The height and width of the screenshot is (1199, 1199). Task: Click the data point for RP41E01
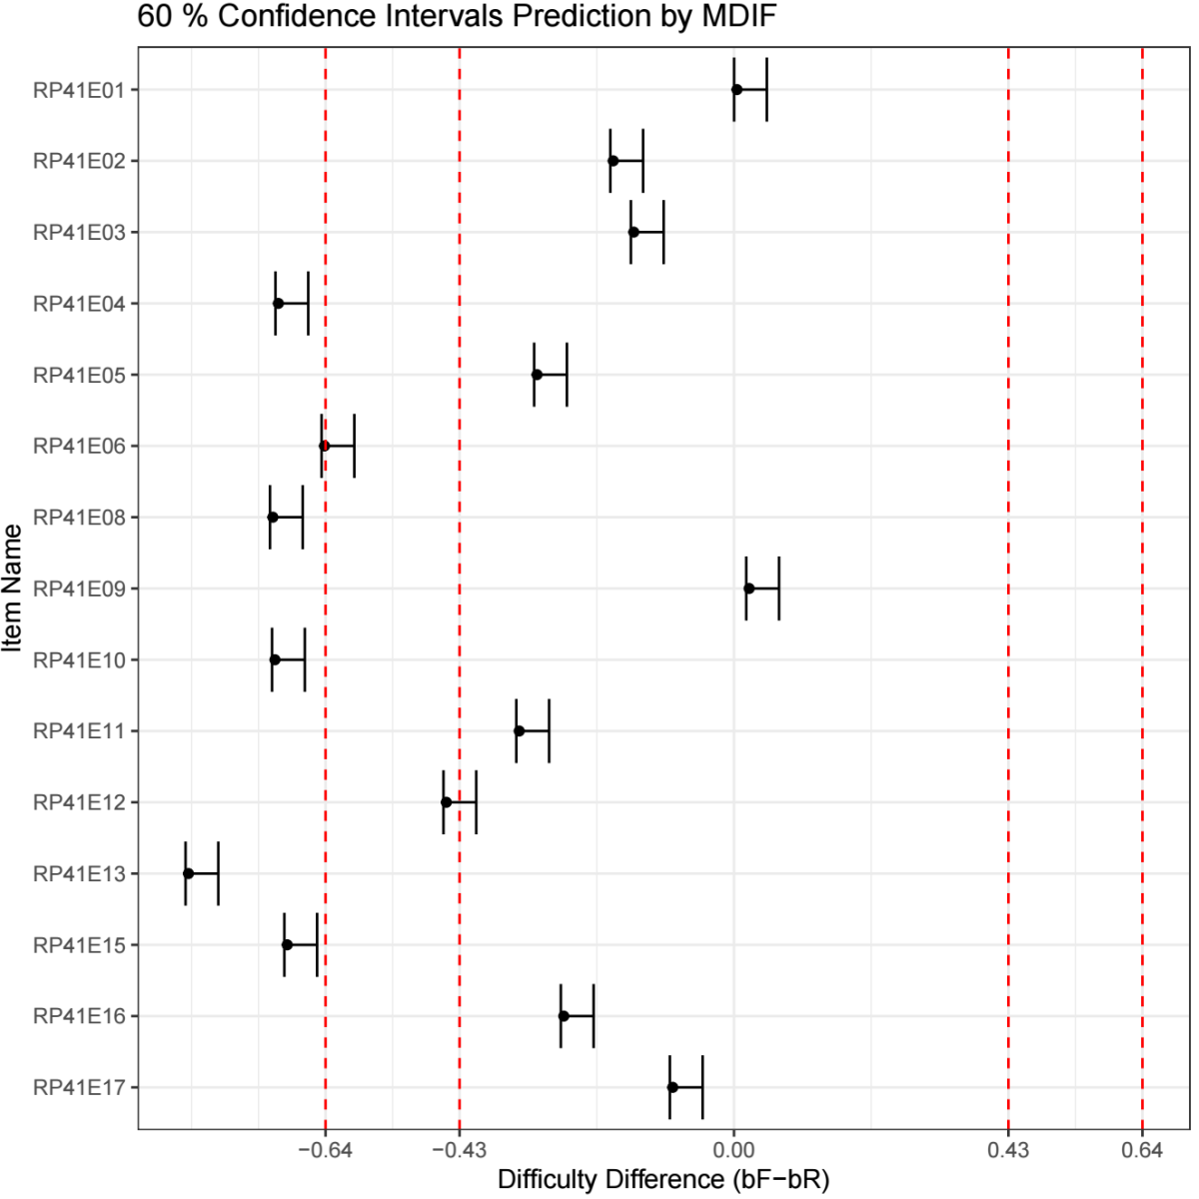click(736, 89)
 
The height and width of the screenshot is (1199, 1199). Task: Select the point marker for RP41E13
click(188, 873)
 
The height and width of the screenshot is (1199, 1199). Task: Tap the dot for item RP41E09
click(748, 589)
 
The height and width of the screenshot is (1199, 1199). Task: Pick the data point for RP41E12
click(447, 802)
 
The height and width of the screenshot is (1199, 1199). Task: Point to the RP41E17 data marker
click(672, 1087)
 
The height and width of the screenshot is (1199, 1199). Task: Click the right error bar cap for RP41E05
click(567, 375)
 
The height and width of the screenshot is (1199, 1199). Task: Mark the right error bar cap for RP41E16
click(594, 1016)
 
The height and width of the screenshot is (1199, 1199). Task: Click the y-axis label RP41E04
click(79, 304)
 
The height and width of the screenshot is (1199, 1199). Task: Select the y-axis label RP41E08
click(79, 518)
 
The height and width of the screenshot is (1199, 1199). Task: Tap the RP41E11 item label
click(79, 731)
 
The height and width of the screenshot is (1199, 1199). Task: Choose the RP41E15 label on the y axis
click(79, 945)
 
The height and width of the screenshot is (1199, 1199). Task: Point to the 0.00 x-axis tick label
click(734, 1150)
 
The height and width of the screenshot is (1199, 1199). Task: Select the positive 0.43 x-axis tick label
click(1008, 1150)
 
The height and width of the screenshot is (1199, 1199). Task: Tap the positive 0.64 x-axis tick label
click(1142, 1150)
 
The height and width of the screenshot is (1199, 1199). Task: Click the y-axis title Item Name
click(13, 589)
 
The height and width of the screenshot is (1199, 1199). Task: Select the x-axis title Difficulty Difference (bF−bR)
click(663, 1180)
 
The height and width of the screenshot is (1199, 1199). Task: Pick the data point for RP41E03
click(633, 232)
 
